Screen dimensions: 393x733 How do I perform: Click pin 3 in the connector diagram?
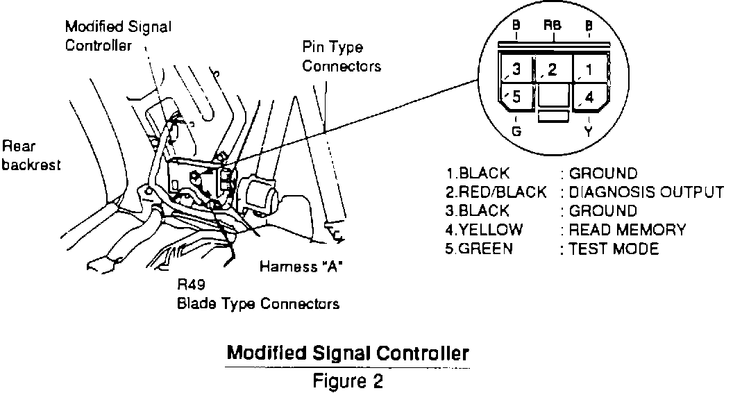click(x=515, y=70)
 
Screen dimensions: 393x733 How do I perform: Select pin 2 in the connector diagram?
click(x=553, y=69)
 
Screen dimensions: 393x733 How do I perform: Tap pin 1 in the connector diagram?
click(x=589, y=70)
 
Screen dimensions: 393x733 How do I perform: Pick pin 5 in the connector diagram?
click(x=515, y=97)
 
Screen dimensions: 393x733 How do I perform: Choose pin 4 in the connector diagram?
click(x=589, y=97)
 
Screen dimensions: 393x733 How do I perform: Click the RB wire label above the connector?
click(x=553, y=26)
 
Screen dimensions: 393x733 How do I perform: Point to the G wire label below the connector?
click(x=515, y=130)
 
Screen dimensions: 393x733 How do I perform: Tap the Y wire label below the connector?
click(x=590, y=130)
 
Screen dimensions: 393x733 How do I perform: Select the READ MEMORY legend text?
click(x=627, y=230)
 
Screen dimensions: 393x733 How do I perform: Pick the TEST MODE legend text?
click(x=614, y=249)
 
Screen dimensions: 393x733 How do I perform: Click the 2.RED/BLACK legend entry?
click(x=496, y=192)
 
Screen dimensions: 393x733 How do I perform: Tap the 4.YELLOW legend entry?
click(x=484, y=230)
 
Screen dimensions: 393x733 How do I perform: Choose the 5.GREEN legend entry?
click(x=479, y=249)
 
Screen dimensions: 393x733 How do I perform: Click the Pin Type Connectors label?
click(x=342, y=58)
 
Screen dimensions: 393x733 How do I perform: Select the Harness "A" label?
click(x=301, y=267)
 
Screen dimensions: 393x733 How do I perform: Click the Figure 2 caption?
click(x=348, y=381)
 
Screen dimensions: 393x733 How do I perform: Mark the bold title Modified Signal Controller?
click(x=348, y=353)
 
